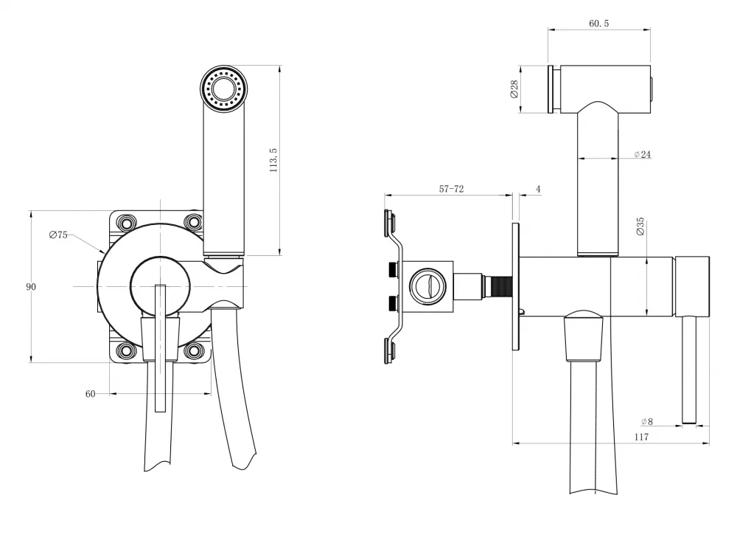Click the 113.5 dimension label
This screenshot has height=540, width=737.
point(273,160)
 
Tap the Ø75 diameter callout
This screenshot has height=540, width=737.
point(58,235)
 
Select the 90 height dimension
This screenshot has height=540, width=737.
point(31,287)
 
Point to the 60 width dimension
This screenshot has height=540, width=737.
point(90,394)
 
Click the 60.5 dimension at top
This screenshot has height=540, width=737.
point(598,24)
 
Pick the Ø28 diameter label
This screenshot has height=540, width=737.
point(514,89)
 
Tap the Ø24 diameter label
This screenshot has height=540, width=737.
point(643,154)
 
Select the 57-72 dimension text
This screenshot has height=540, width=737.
point(451,189)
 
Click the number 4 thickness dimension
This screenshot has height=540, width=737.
point(538,189)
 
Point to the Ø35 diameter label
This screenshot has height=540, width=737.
point(640,226)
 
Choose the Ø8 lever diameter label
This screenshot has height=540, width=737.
point(647,422)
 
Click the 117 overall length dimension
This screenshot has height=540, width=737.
point(642,437)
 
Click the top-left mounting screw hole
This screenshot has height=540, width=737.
point(127,221)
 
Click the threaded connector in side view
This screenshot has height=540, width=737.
point(497,286)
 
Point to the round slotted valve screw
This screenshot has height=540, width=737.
point(427,286)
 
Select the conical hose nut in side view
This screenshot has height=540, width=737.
point(583,336)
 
